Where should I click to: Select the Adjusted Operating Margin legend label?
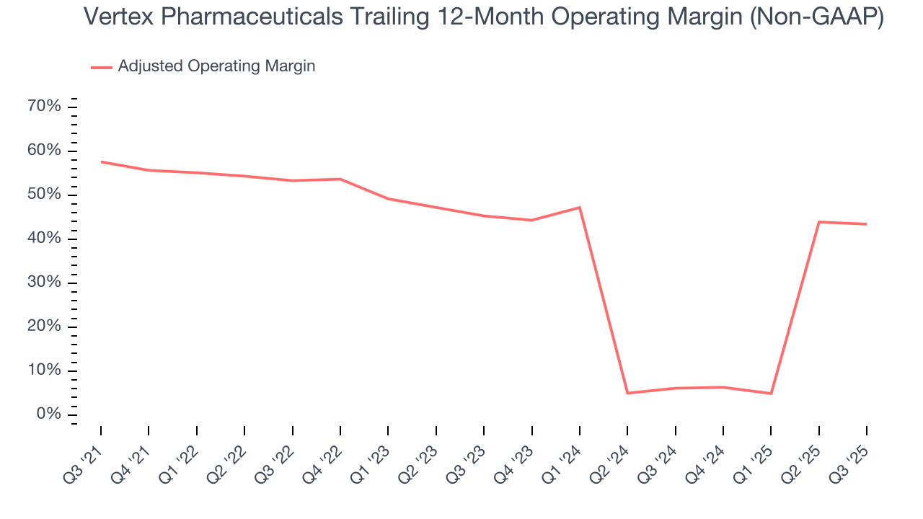[x=216, y=66]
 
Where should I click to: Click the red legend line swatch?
[x=102, y=67]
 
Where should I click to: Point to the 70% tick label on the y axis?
[x=44, y=107]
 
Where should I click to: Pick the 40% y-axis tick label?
[x=44, y=239]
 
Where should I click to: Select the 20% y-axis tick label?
[x=44, y=327]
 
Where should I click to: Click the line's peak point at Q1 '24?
[x=580, y=208]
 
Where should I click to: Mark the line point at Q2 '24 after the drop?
[x=627, y=393]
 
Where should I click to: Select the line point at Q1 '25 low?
[x=771, y=394]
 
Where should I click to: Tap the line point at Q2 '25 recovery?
[x=819, y=222]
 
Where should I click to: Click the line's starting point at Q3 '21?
[x=101, y=161]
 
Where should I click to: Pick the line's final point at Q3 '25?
[x=866, y=224]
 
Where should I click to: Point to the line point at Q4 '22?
[x=340, y=179]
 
